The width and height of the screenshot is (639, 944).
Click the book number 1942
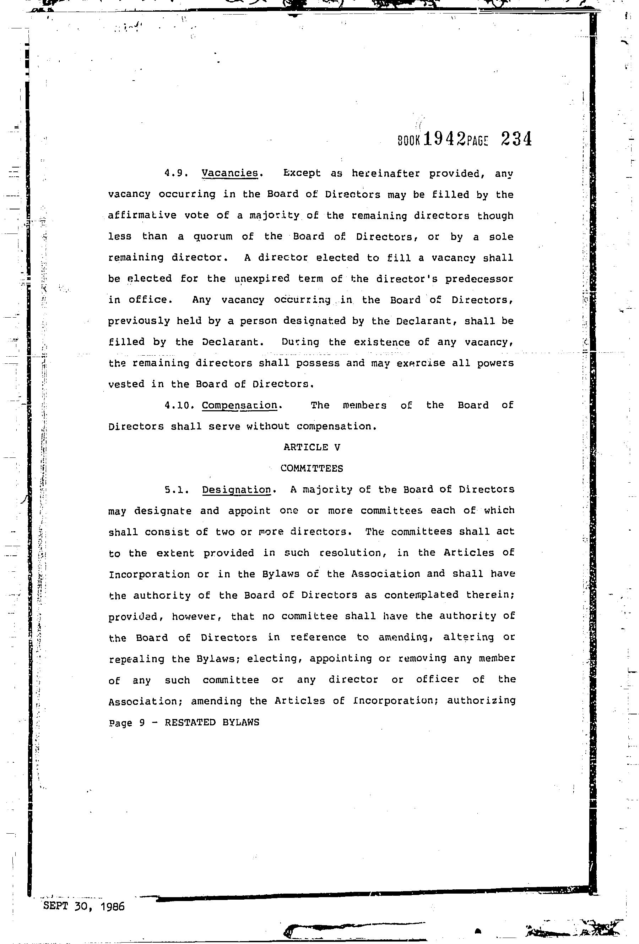[x=444, y=139]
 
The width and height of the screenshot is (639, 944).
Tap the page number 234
[x=516, y=139]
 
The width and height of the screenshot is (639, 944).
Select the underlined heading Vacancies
[x=230, y=173]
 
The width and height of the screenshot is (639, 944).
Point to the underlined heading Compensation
[x=239, y=405]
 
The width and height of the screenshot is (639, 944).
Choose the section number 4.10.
[x=177, y=405]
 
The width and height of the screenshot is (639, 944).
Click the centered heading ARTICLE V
[x=312, y=447]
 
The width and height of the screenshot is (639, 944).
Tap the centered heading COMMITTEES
[x=312, y=468]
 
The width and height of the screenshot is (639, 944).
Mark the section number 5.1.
[x=177, y=490]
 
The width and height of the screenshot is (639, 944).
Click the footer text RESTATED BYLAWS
[x=212, y=722]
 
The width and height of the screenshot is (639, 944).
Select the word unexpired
[x=262, y=279]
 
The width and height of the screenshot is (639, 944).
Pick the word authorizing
[x=481, y=701]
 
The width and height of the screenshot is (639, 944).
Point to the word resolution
[x=350, y=553]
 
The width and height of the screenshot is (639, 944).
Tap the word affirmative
[x=142, y=215]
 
